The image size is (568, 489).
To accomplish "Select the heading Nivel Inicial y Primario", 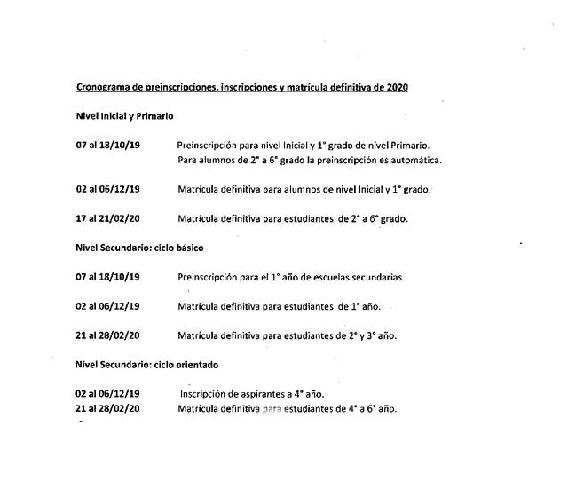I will pyautogui.click(x=124, y=116).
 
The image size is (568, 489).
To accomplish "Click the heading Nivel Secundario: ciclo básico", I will pyautogui.click(x=139, y=248).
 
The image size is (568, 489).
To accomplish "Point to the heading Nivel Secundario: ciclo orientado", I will pyautogui.click(x=147, y=365).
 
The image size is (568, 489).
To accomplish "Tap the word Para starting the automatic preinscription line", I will pyautogui.click(x=189, y=160).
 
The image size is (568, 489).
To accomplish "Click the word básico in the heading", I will pyautogui.click(x=187, y=248).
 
